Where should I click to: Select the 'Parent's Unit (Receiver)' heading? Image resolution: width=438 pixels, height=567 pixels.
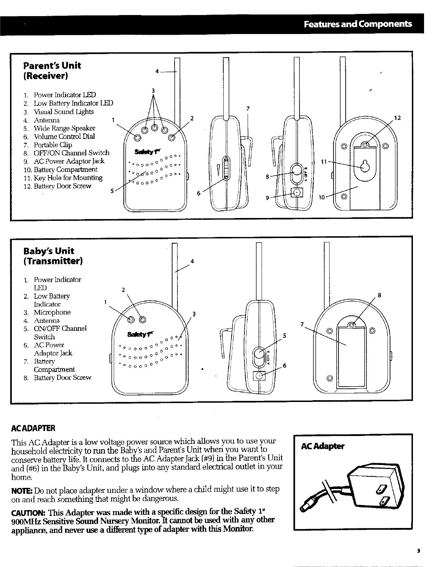(52, 71)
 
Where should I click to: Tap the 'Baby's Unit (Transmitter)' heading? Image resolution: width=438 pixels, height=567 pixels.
(53, 256)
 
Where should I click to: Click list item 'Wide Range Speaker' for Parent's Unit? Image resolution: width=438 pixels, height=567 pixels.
(64, 128)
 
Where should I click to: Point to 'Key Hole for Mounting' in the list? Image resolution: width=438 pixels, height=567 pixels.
(68, 178)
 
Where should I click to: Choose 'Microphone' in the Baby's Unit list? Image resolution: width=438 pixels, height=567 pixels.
(52, 312)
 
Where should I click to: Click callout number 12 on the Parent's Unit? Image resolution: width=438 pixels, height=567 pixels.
(397, 117)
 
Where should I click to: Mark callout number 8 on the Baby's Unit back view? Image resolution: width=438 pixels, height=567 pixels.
(379, 295)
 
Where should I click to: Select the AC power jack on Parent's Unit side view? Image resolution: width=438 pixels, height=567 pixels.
(297, 193)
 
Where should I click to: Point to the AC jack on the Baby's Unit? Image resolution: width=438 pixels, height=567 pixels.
(259, 376)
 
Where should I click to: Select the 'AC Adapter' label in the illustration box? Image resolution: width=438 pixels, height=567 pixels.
(322, 446)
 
